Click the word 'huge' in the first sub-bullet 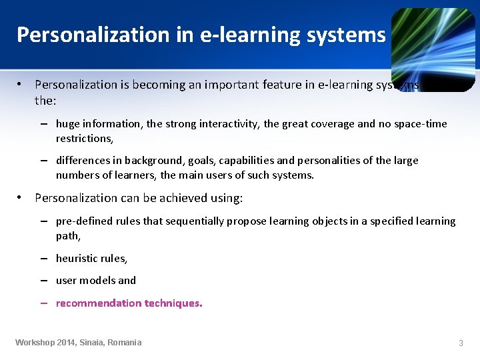click(x=67, y=123)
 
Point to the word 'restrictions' click(x=83, y=138)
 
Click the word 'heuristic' click(x=76, y=258)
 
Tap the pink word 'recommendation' click(x=98, y=303)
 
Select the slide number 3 click(x=461, y=343)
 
